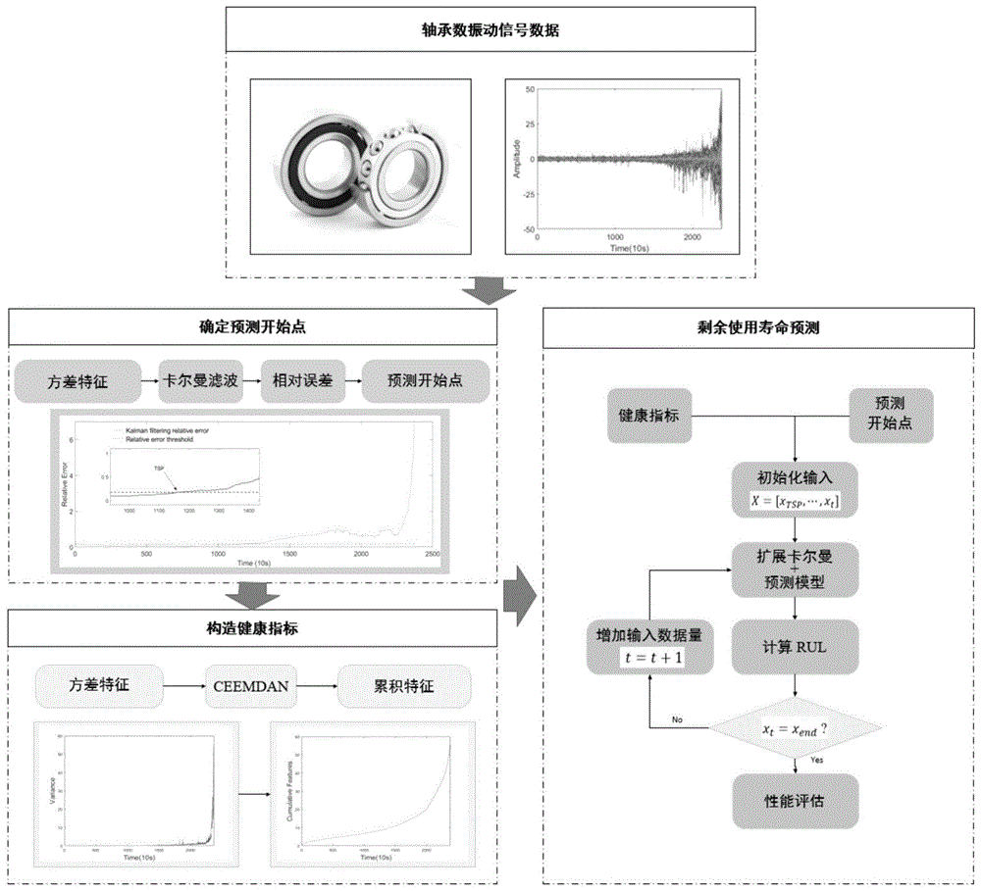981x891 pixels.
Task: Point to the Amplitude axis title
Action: [515, 159]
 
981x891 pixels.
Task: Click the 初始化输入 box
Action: [793, 487]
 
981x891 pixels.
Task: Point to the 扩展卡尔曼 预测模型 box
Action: [793, 569]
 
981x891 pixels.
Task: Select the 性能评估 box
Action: [793, 800]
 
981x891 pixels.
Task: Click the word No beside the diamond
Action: [676, 719]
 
